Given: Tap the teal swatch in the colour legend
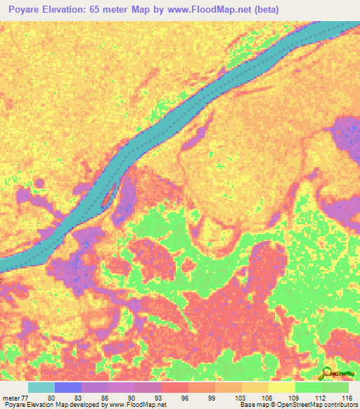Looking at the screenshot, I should click(41, 387).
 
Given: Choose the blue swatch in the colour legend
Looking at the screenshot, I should click(68, 387).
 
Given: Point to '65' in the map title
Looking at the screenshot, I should click(105, 10).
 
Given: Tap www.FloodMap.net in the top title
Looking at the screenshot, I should click(215, 10).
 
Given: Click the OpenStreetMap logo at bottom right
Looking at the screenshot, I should click(336, 374).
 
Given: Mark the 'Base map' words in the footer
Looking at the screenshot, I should click(252, 405).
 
